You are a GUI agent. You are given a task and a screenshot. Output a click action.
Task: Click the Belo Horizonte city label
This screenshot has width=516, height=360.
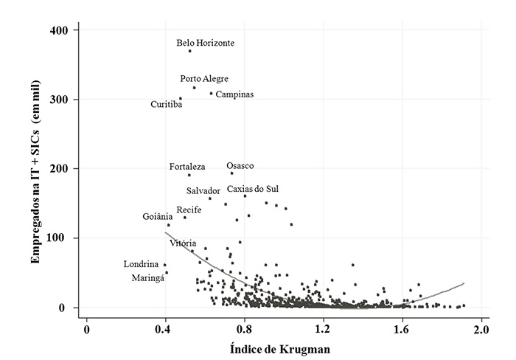coord(206,43)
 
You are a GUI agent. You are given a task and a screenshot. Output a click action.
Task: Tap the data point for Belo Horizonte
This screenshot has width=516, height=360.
coord(189,51)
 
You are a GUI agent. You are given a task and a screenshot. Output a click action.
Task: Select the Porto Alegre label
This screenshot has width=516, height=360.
coord(204,79)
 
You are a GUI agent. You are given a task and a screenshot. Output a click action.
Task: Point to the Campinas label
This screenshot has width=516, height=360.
coord(234,94)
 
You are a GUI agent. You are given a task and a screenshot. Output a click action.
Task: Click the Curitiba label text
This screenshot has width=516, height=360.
coord(167,105)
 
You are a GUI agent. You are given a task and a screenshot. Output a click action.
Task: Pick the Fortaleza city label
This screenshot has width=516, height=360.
coord(187,167)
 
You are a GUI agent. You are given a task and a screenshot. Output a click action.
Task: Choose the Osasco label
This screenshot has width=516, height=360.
coord(240,166)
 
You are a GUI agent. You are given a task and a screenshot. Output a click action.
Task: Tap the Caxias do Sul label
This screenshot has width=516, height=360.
coord(253,190)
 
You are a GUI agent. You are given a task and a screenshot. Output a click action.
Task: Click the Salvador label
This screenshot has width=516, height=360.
coord(203,191)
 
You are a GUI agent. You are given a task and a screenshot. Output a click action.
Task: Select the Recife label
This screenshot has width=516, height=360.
coord(189,210)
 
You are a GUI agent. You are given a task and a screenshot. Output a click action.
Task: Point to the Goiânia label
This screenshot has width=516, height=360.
coord(158,217)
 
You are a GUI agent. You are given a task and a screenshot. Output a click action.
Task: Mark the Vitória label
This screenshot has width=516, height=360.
coord(183,243)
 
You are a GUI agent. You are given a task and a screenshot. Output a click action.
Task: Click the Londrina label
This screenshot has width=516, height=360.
coord(141,264)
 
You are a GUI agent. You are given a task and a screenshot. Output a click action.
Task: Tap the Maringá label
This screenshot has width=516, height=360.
coord(147,278)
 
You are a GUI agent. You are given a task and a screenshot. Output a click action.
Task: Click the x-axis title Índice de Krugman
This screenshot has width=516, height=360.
coord(285,347)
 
